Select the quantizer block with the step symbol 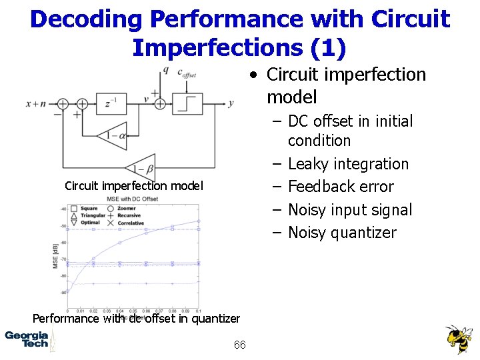[189, 103]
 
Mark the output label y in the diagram [231, 103]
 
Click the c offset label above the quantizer [186, 73]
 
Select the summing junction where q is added [160, 103]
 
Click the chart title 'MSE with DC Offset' [132, 199]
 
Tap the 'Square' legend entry [85, 209]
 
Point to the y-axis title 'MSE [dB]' [56, 257]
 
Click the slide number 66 [240, 345]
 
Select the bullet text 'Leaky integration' [348, 164]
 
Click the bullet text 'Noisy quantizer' [342, 233]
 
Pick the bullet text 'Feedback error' [341, 187]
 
